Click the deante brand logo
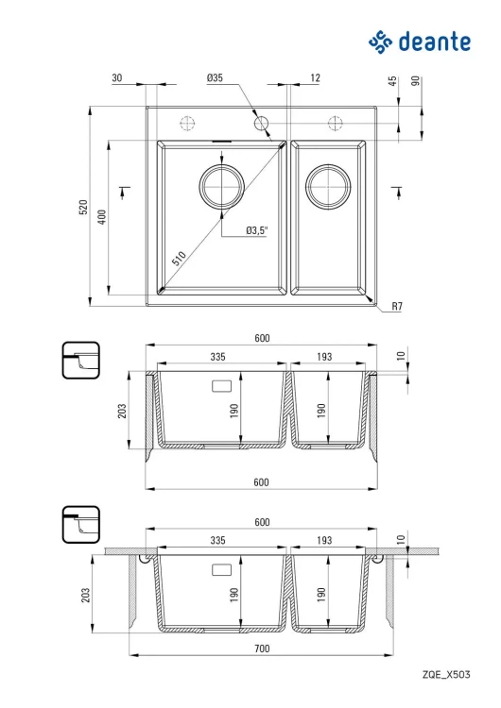click(x=420, y=42)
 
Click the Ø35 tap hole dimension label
click(x=215, y=77)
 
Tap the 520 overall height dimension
click(x=83, y=207)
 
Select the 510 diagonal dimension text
click(x=179, y=259)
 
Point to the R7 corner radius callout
click(x=397, y=306)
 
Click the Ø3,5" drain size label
click(x=257, y=230)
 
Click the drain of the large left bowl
click(x=221, y=187)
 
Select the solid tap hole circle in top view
click(x=261, y=123)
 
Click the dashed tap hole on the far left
click(x=187, y=123)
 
